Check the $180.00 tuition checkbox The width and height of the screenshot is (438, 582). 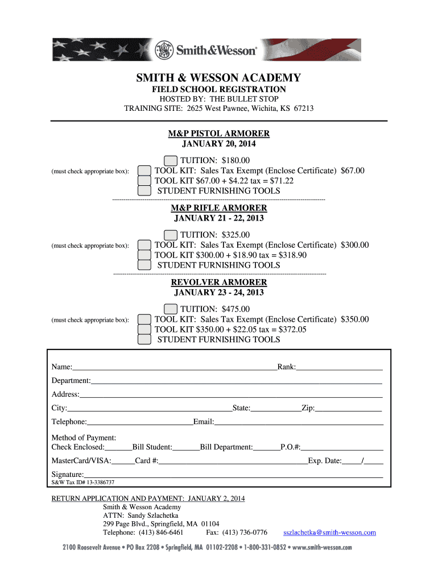(x=170, y=161)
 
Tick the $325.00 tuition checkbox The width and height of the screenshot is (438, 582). (x=170, y=235)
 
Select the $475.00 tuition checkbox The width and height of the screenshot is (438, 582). (x=170, y=309)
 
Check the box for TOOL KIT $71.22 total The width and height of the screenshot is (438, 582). (x=144, y=181)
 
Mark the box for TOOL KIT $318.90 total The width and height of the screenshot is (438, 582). (x=144, y=255)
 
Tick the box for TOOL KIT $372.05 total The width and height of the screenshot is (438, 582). (x=144, y=330)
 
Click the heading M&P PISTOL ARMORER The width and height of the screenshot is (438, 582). (x=218, y=134)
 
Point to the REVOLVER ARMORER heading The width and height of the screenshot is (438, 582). (x=218, y=282)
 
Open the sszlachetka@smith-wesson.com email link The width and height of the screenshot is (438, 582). (x=329, y=533)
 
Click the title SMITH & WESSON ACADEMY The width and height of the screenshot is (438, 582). (x=218, y=78)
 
